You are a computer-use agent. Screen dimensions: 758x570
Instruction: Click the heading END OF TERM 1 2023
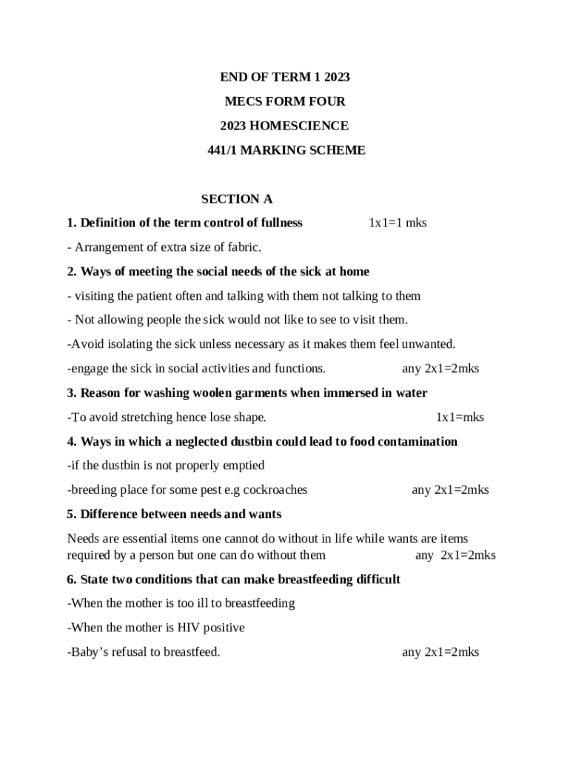pos(285,77)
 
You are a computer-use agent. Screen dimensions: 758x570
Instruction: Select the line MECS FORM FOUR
pos(285,101)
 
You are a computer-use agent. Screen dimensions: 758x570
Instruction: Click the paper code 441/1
pos(222,150)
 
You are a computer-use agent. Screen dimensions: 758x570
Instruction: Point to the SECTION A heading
pos(237,199)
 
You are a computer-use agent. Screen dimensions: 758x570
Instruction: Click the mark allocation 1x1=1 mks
pos(398,223)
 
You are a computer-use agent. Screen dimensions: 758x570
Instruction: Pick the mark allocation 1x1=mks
pos(460,417)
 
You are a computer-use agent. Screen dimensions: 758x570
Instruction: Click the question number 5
pos(72,514)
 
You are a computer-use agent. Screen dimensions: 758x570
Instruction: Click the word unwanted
pos(429,344)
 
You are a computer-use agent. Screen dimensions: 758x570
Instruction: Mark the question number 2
pos(72,272)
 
